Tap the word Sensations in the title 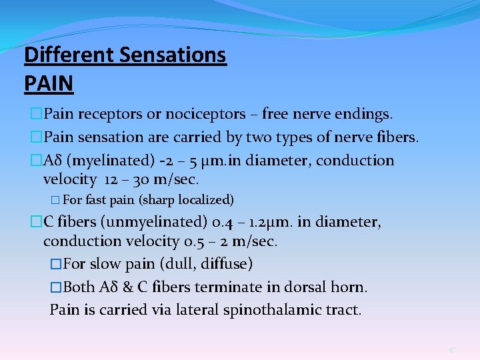pyautogui.click(x=175, y=55)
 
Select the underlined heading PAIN pyautogui.click(x=49, y=84)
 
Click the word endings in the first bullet pyautogui.click(x=365, y=114)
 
